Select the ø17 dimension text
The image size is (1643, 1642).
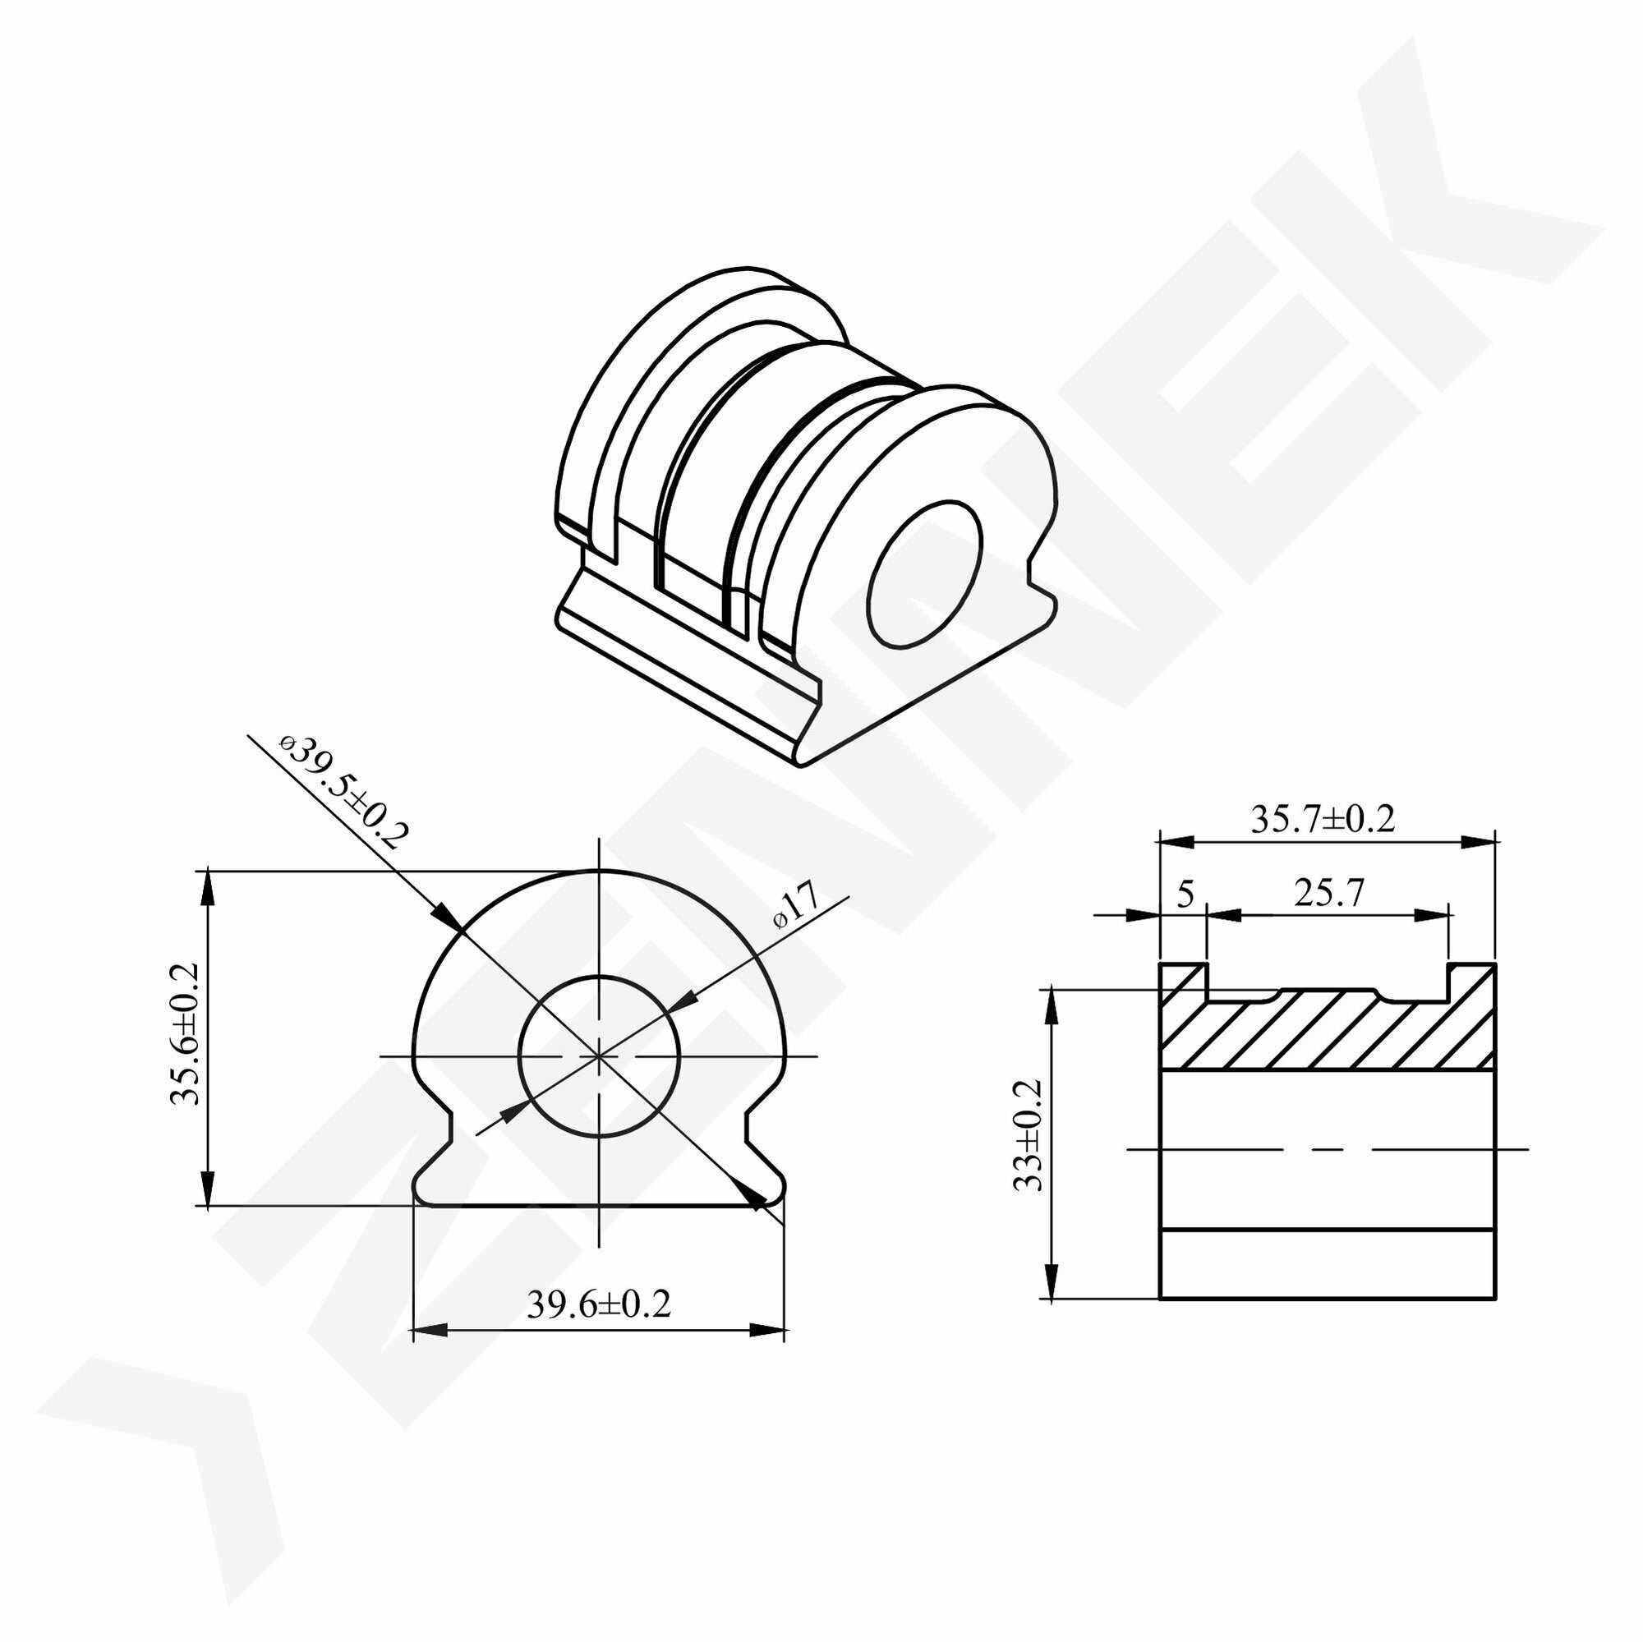point(794,906)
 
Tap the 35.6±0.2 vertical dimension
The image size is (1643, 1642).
point(185,1033)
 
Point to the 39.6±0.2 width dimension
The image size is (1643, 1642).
point(599,1304)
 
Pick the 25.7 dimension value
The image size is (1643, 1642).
point(1329,893)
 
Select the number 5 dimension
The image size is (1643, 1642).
point(1185,894)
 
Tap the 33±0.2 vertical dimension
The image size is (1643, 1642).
point(1030,1135)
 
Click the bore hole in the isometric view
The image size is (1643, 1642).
point(924,574)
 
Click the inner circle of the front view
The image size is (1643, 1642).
point(600,975)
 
